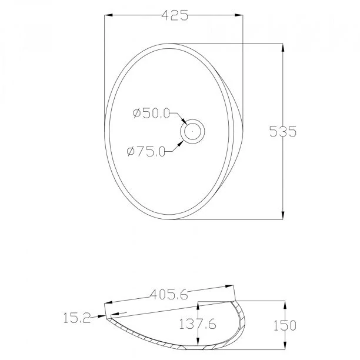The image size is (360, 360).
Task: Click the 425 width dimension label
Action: [175, 15]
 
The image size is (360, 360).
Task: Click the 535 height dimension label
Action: [283, 132]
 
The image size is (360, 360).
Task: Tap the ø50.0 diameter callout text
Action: [151, 113]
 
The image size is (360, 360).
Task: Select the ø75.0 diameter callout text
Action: [146, 151]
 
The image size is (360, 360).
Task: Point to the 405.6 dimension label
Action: [169, 294]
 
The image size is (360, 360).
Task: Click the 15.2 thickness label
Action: [77, 318]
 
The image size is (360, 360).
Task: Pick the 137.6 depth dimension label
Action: [198, 324]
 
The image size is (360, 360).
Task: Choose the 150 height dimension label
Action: [285, 325]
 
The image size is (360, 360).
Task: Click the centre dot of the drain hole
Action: [192, 132]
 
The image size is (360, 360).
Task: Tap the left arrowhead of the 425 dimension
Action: [108, 15]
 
